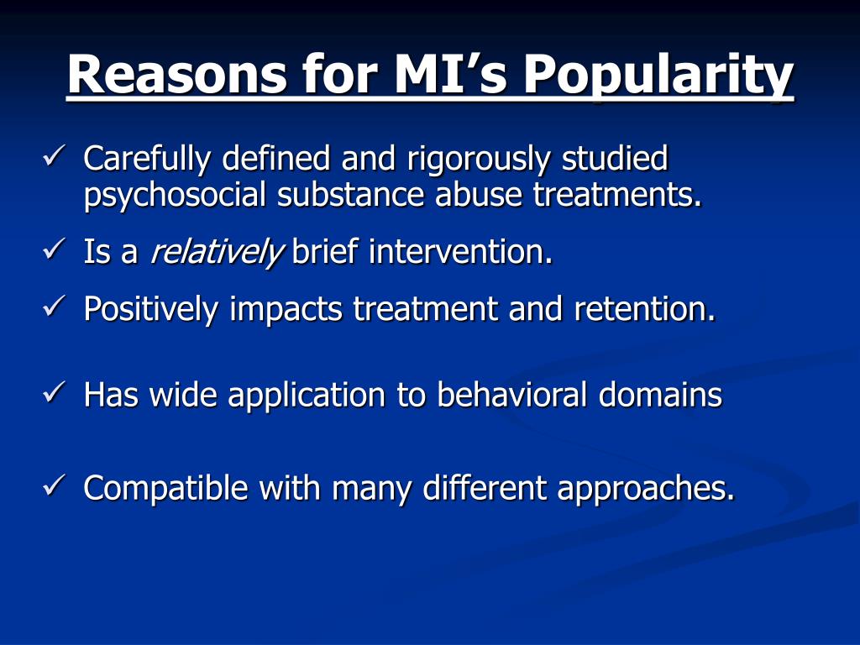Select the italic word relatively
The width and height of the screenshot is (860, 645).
[216, 253]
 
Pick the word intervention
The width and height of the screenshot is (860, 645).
[460, 253]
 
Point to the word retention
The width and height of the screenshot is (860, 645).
[645, 310]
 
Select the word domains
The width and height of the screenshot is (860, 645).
[660, 394]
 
